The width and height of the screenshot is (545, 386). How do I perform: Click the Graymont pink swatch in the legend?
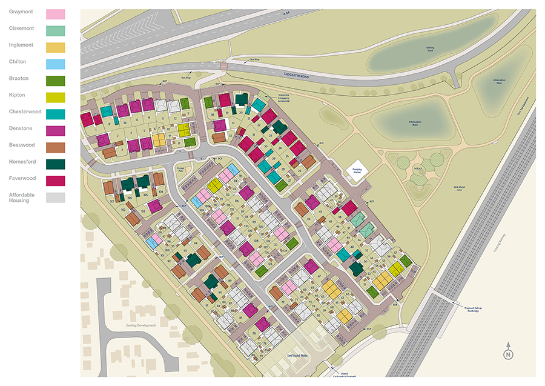[56, 13]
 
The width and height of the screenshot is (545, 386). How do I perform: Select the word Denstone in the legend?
[21, 128]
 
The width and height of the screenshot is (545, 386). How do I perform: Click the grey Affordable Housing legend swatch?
[56, 198]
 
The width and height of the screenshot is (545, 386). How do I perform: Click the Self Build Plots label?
[297, 356]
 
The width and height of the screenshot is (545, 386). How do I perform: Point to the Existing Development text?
[142, 325]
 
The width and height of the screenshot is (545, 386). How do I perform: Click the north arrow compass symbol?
[508, 353]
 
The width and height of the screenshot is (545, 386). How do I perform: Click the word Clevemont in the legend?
[22, 28]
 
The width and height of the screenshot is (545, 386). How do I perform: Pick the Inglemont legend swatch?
[56, 47]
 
